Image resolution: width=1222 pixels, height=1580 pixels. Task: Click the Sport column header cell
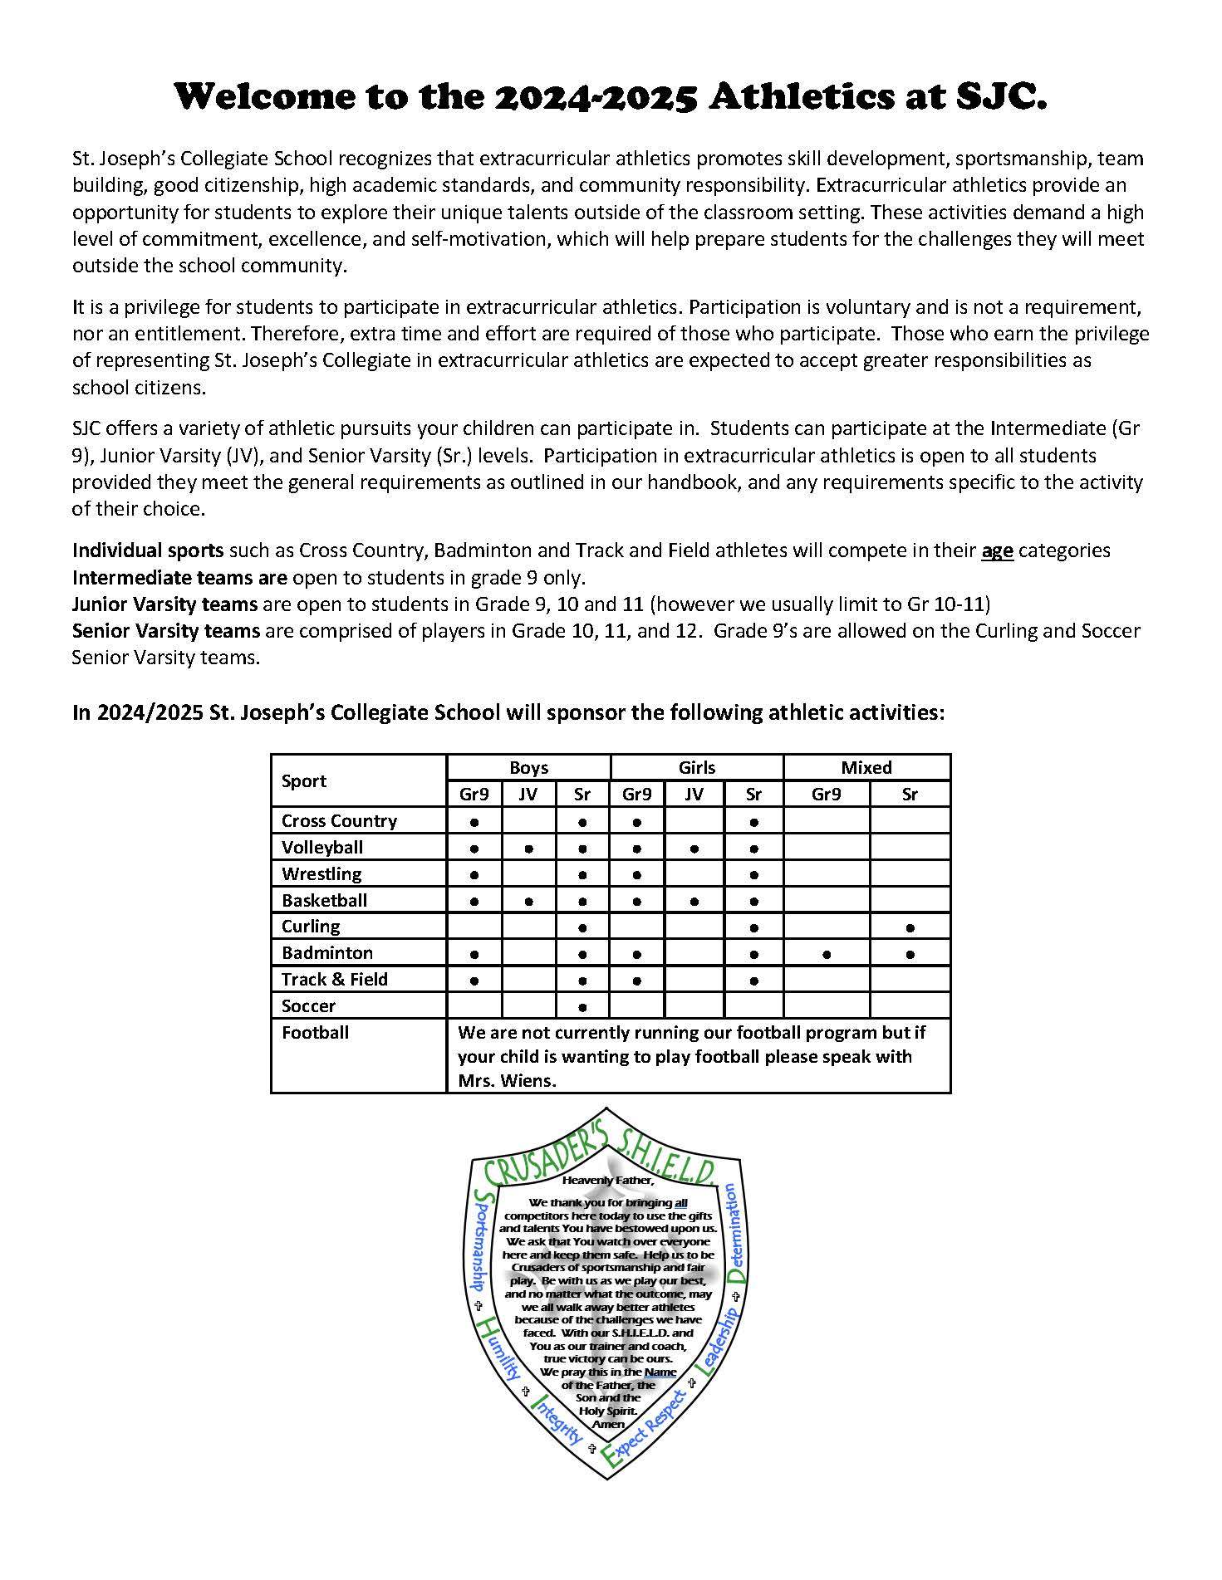point(304,780)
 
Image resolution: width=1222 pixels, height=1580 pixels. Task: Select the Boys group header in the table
point(528,767)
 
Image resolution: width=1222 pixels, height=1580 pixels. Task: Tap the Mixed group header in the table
point(866,767)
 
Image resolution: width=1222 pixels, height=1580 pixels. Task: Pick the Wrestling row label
point(321,873)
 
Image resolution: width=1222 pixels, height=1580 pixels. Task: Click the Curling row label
point(311,927)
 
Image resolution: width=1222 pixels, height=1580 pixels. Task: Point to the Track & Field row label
point(335,980)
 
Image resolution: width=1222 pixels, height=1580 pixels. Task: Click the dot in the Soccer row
point(582,1008)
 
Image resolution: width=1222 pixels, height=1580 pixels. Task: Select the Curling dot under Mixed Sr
point(910,928)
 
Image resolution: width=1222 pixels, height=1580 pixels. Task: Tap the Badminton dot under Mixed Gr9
point(826,955)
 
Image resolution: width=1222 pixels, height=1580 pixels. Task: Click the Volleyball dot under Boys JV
point(528,849)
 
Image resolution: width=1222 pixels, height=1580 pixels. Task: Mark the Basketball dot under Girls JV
point(694,902)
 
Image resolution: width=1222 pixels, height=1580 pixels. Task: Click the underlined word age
point(997,550)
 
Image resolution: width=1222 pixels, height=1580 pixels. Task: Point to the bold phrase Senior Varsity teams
point(166,630)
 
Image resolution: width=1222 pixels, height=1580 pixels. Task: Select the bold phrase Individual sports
point(148,550)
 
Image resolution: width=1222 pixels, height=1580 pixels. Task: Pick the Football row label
point(315,1033)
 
